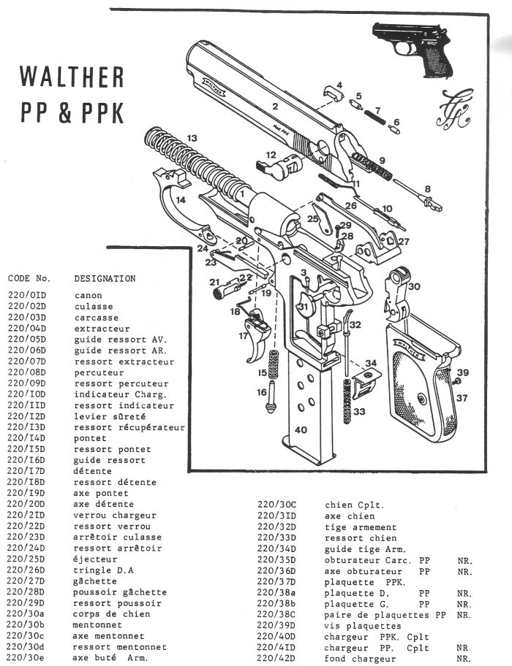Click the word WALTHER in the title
click(72, 77)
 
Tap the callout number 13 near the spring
click(192, 137)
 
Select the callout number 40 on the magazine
click(301, 430)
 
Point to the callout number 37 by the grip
click(462, 398)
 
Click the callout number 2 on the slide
click(275, 107)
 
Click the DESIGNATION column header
click(105, 278)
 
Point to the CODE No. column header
click(29, 278)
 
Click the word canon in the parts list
click(88, 296)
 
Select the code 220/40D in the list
click(276, 637)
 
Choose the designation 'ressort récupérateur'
click(129, 427)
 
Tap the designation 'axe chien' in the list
click(348, 516)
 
